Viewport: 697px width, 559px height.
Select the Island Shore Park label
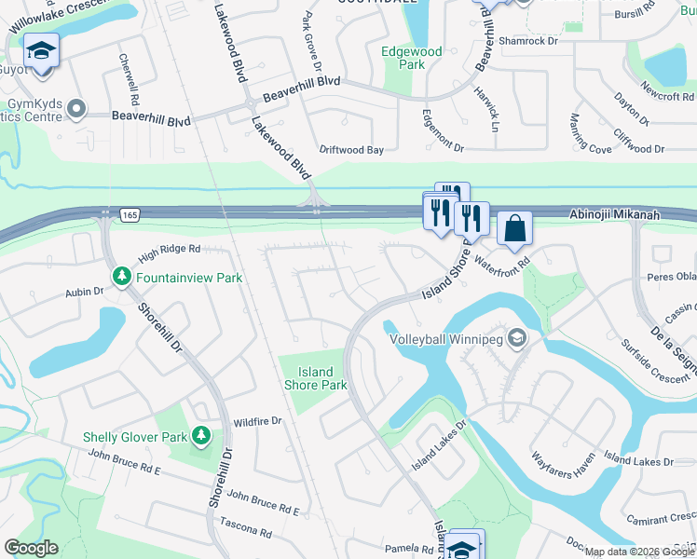point(315,378)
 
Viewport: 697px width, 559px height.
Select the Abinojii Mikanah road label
point(616,214)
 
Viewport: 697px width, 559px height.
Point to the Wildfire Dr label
point(257,422)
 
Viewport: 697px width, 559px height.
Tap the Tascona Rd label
point(245,533)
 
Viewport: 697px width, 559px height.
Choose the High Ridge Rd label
point(170,250)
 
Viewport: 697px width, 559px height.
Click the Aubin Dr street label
point(84,293)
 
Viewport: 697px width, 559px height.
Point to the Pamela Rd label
point(403,549)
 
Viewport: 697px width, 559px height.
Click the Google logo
point(31,548)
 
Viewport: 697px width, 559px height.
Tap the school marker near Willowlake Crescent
point(41,50)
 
